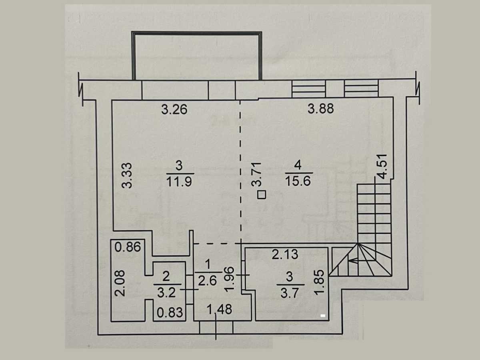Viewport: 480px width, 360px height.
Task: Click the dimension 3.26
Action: coord(174,110)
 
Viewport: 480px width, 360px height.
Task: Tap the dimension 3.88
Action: coord(320,109)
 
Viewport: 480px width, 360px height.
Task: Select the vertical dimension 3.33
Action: coord(127,176)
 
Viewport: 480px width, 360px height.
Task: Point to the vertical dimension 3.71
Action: coord(256,174)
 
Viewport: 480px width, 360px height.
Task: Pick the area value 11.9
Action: coord(179,182)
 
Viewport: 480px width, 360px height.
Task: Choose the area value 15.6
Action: coord(298,181)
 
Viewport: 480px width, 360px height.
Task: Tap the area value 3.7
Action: coord(289,293)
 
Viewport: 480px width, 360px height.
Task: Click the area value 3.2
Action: coord(166,293)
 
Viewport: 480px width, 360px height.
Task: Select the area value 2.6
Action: coord(207,281)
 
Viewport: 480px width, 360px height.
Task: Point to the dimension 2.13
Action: coord(285,254)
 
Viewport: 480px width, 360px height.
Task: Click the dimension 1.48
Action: coord(219,310)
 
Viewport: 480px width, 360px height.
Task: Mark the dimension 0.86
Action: coord(128,247)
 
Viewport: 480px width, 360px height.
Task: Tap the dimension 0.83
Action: coord(170,312)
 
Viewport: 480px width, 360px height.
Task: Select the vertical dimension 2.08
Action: coord(120,284)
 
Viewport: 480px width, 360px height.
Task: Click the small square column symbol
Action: coord(262,194)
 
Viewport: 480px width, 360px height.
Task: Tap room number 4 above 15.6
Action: coord(298,165)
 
